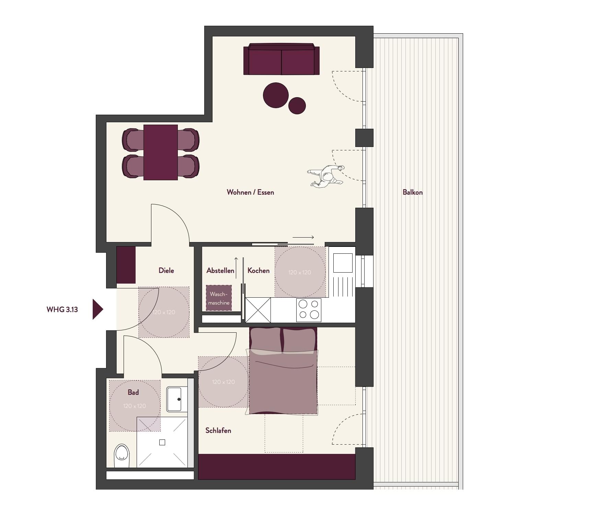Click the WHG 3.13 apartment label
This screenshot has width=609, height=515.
pyautogui.click(x=62, y=309)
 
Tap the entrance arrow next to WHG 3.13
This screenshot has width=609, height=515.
pyautogui.click(x=97, y=309)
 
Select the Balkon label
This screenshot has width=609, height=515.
pyautogui.click(x=412, y=192)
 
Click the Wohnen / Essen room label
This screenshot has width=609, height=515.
pyautogui.click(x=250, y=192)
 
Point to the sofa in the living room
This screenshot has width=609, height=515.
pyautogui.click(x=281, y=59)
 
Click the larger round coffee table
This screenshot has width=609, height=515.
pyautogui.click(x=276, y=95)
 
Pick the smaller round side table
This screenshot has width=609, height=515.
pyautogui.click(x=297, y=105)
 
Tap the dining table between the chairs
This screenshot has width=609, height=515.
pyautogui.click(x=161, y=152)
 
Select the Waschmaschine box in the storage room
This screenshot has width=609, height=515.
pyautogui.click(x=219, y=298)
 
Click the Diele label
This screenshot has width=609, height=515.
pyautogui.click(x=166, y=271)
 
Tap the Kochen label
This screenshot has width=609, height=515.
pyautogui.click(x=258, y=271)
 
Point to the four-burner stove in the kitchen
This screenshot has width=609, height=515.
pyautogui.click(x=309, y=310)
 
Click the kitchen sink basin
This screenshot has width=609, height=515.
pyautogui.click(x=343, y=263)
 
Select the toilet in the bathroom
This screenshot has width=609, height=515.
pyautogui.click(x=122, y=456)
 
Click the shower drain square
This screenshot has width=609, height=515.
pyautogui.click(x=162, y=443)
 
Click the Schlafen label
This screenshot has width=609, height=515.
pyautogui.click(x=218, y=431)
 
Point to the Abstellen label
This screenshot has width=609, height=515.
pyautogui.click(x=220, y=271)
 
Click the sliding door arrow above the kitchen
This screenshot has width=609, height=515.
pyautogui.click(x=303, y=237)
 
